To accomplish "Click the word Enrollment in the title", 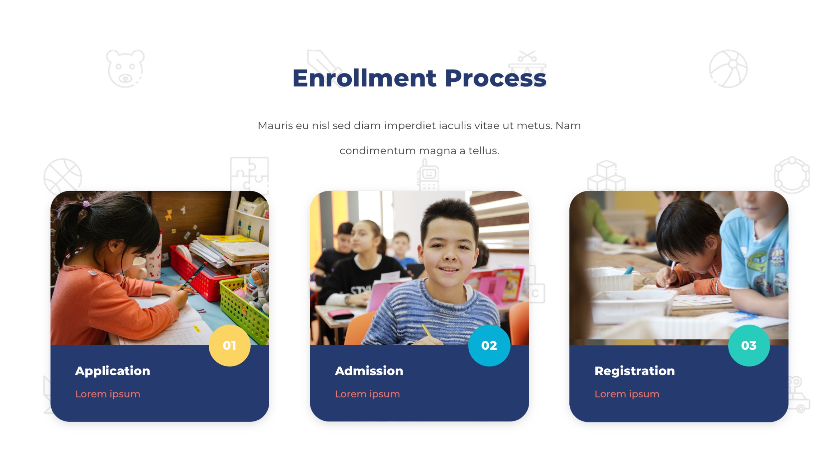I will [364, 78].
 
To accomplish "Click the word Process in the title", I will [495, 78].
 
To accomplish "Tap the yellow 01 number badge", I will [229, 345].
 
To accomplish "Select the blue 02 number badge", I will [489, 345].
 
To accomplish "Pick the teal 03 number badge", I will [749, 345].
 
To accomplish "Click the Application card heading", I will [113, 371].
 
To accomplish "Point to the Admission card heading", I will [369, 371].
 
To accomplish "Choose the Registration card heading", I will [634, 371].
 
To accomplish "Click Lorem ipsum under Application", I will [108, 394].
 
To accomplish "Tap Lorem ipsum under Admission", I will [367, 394].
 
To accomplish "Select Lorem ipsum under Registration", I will [627, 394].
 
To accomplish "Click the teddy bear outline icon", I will [125, 69].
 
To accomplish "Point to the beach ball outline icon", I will [728, 69].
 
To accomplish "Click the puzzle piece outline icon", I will [249, 174].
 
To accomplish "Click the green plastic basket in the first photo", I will [244, 308].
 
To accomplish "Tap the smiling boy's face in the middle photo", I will [449, 251].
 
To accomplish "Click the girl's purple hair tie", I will [86, 204].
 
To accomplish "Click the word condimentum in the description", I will [378, 151].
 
